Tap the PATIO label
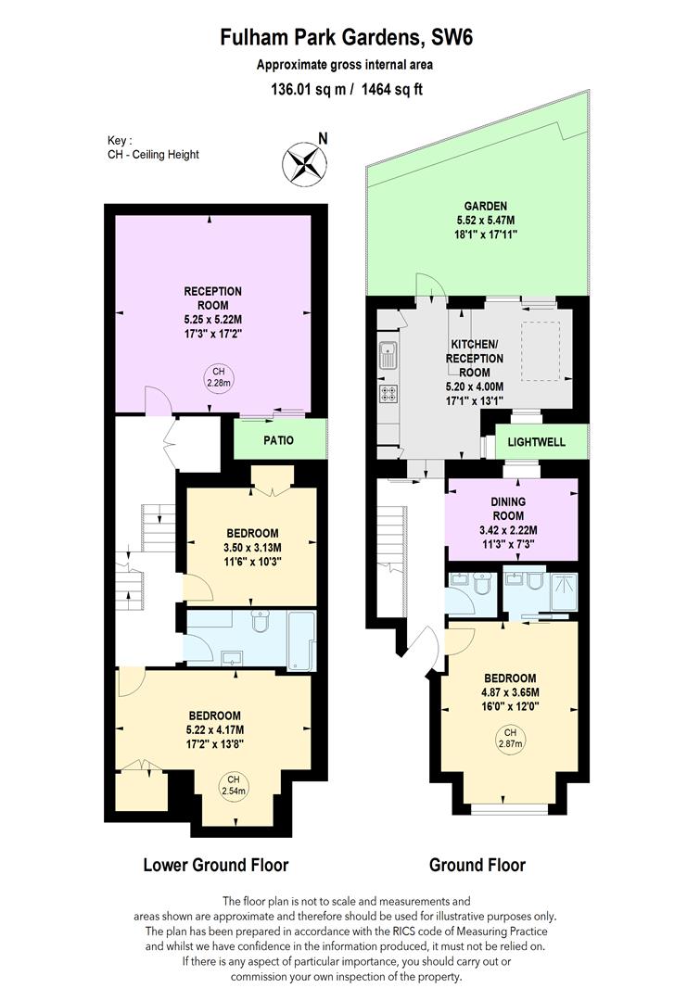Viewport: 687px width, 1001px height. click(x=279, y=440)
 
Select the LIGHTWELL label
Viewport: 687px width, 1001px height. click(x=536, y=442)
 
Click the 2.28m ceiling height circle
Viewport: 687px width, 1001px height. click(x=219, y=377)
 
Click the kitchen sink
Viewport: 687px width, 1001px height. click(x=388, y=356)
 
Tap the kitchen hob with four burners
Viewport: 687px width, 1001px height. click(x=388, y=394)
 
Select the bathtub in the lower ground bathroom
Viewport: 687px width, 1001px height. click(x=301, y=640)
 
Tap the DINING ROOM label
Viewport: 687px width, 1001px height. click(x=508, y=509)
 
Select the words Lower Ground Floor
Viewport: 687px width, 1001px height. click(x=216, y=865)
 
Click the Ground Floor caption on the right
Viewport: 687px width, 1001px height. click(x=477, y=865)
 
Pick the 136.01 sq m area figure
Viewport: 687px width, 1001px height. click(x=309, y=89)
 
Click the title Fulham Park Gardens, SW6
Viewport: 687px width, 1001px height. click(x=347, y=37)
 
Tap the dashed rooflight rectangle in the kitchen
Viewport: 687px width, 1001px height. click(x=541, y=351)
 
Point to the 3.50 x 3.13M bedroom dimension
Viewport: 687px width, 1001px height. click(x=252, y=548)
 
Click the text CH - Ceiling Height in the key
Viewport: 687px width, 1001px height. click(x=153, y=155)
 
